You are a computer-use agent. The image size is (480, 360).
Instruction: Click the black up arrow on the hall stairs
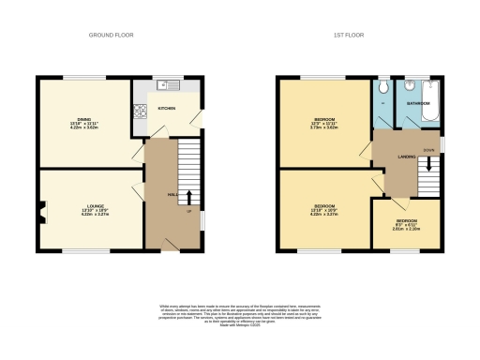[190, 198]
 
